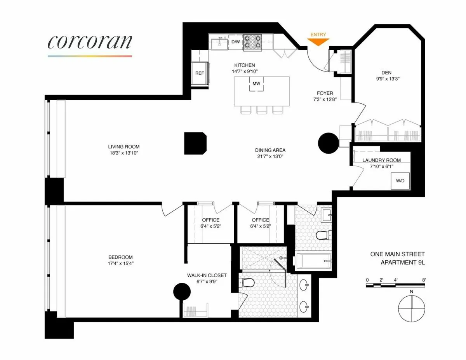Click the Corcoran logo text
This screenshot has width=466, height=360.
coord(90,42)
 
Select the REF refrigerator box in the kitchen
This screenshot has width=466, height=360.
coord(200,73)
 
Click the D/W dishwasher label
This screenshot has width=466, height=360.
coord(235,42)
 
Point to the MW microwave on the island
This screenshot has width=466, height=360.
coord(256,83)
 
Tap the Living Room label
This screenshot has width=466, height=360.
coord(124,147)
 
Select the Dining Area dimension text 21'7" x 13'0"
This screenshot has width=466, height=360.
coord(270,157)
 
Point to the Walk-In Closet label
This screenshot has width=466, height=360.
coord(207,275)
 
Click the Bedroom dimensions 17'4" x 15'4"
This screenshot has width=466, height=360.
coord(120,263)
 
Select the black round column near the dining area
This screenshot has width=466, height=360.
coord(329,143)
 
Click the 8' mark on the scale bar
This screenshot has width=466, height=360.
coord(424,280)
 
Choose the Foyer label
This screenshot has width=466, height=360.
coord(325,93)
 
